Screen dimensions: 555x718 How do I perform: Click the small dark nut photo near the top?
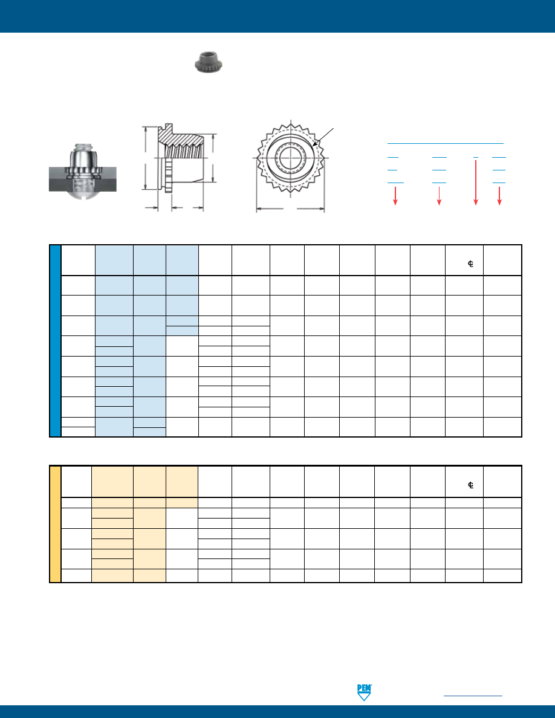pyautogui.click(x=209, y=63)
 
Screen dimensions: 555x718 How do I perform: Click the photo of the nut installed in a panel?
pyautogui.click(x=83, y=171)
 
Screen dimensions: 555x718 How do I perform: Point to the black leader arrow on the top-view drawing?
pyautogui.click(x=323, y=137)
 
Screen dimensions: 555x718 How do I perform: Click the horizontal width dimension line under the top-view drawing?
pyautogui.click(x=290, y=209)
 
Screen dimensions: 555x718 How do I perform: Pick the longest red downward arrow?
pyautogui.click(x=476, y=183)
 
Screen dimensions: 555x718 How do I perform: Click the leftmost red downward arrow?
pyautogui.click(x=395, y=196)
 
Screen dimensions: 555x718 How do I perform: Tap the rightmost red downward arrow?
pyautogui.click(x=499, y=196)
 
